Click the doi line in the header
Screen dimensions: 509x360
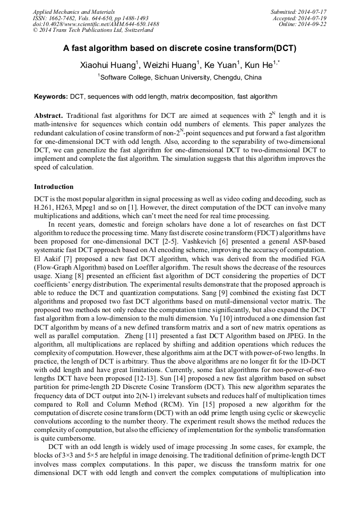(x=96, y=24)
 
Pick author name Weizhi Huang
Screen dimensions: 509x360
(x=170, y=65)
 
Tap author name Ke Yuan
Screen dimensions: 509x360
(x=222, y=65)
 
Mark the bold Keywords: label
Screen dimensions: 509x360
(x=51, y=97)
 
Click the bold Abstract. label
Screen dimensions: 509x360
(x=49, y=115)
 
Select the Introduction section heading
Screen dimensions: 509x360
(x=54, y=187)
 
